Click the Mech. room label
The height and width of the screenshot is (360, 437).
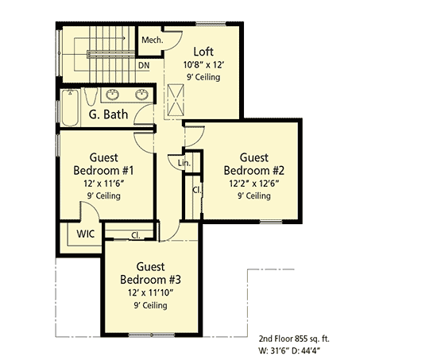(151, 41)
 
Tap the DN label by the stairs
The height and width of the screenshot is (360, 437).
(144, 66)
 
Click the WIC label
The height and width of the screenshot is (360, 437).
(87, 235)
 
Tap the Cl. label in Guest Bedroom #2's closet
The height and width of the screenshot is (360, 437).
(195, 191)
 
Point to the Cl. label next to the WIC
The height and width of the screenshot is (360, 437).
(136, 235)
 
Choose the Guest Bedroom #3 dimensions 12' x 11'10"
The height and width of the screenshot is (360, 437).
(151, 292)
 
